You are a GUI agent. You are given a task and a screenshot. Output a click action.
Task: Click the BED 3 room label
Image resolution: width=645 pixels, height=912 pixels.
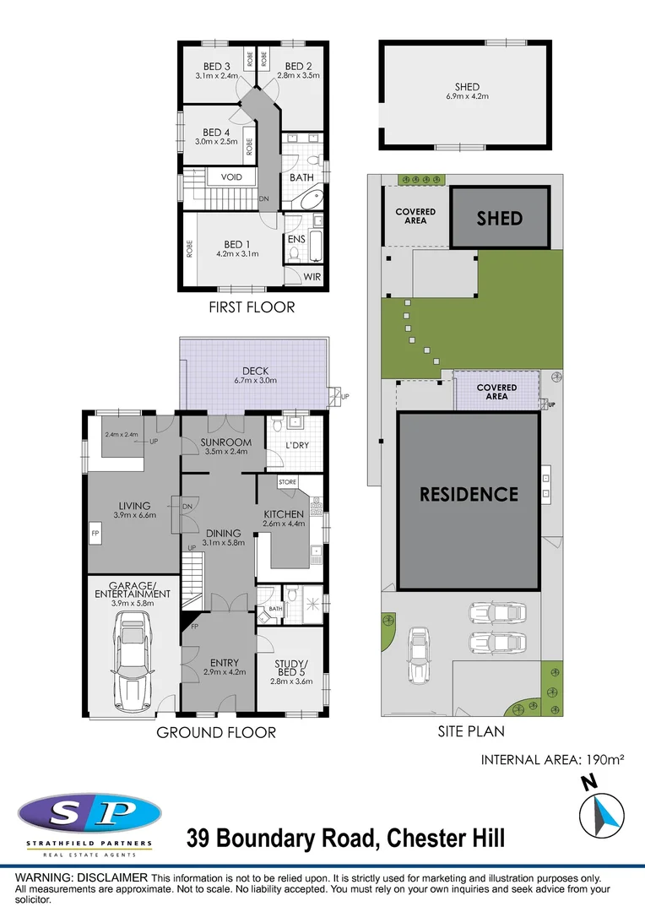click(x=217, y=67)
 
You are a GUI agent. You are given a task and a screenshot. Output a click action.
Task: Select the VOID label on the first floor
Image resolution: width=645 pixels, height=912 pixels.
click(x=231, y=177)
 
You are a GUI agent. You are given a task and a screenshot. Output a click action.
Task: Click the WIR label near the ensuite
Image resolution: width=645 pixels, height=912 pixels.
click(x=312, y=277)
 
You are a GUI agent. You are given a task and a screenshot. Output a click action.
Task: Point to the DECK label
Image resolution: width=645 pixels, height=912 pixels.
click(x=254, y=370)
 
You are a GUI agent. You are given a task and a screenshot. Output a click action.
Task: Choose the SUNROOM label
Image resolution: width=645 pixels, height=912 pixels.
click(x=226, y=442)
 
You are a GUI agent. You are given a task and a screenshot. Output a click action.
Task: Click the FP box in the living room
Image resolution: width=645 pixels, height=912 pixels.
click(x=95, y=534)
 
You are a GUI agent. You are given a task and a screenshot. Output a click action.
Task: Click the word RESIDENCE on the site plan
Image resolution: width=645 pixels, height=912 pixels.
click(x=469, y=494)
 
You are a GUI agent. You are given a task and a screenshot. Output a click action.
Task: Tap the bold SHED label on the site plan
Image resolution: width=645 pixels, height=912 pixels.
click(x=499, y=218)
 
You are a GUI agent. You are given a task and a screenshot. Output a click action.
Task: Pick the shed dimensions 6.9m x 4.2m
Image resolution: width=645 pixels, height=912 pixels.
click(x=467, y=96)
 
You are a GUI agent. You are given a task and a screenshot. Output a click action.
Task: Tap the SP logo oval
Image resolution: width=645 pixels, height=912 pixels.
click(x=89, y=814)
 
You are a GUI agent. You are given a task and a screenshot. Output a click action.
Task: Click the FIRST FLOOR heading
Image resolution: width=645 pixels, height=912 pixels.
click(x=252, y=307)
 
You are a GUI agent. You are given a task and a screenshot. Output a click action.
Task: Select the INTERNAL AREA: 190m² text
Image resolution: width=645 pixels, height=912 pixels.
click(x=552, y=760)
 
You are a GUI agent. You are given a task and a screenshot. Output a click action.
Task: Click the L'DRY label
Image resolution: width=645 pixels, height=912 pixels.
click(x=295, y=444)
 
